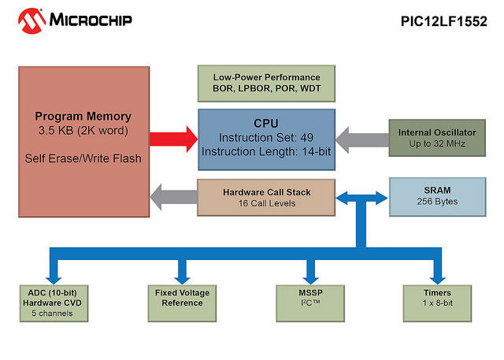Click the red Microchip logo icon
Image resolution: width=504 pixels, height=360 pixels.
point(31,21)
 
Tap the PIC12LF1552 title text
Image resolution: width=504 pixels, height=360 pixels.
point(444,21)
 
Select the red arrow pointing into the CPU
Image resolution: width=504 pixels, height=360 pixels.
point(174,139)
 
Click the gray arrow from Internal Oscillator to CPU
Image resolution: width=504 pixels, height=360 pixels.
point(362,140)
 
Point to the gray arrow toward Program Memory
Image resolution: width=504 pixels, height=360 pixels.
point(174,197)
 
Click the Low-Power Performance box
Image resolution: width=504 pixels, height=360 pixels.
point(266,84)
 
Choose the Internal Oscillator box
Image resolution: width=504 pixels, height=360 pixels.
point(437,138)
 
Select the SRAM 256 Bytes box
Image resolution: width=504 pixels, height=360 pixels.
point(438,197)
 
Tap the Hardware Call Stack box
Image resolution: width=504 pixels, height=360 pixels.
point(266,198)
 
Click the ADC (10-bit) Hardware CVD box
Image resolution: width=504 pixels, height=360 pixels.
point(54,303)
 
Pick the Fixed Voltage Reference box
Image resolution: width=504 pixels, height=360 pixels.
point(182,303)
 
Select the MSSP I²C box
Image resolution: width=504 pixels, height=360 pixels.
point(310,303)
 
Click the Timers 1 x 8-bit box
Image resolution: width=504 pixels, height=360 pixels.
point(437,303)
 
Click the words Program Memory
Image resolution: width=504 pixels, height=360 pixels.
point(83,117)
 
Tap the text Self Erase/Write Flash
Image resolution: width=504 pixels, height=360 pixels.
point(83,158)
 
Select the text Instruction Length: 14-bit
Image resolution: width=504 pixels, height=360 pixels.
point(266,152)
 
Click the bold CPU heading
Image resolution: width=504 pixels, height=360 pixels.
point(266,123)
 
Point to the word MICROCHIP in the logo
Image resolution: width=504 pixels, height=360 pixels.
point(91,20)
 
